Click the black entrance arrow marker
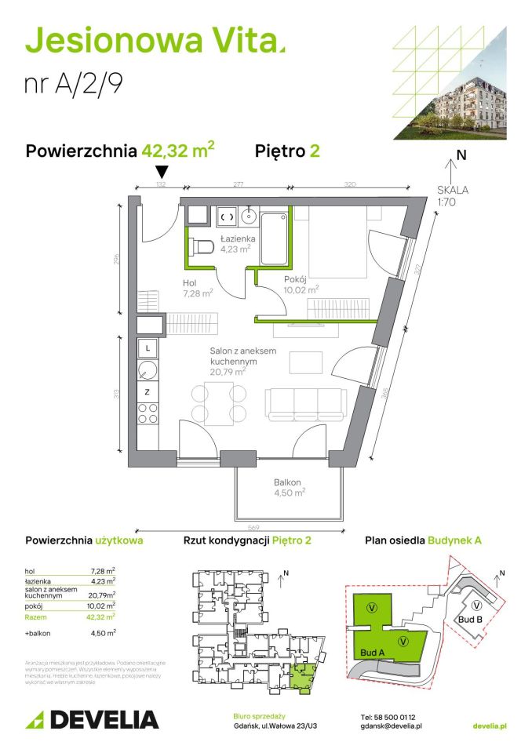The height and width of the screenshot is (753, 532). tap(162, 172)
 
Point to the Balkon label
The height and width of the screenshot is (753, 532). tap(287, 482)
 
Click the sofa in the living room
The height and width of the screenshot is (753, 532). tap(305, 405)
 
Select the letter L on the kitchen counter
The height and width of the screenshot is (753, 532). tap(147, 346)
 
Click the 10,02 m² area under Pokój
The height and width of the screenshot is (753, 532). tap(301, 289)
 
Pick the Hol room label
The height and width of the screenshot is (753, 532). tap(188, 282)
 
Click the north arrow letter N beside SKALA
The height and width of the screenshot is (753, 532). tap(461, 155)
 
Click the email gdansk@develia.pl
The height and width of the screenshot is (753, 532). tap(392, 726)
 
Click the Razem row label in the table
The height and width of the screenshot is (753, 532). tap(36, 617)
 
